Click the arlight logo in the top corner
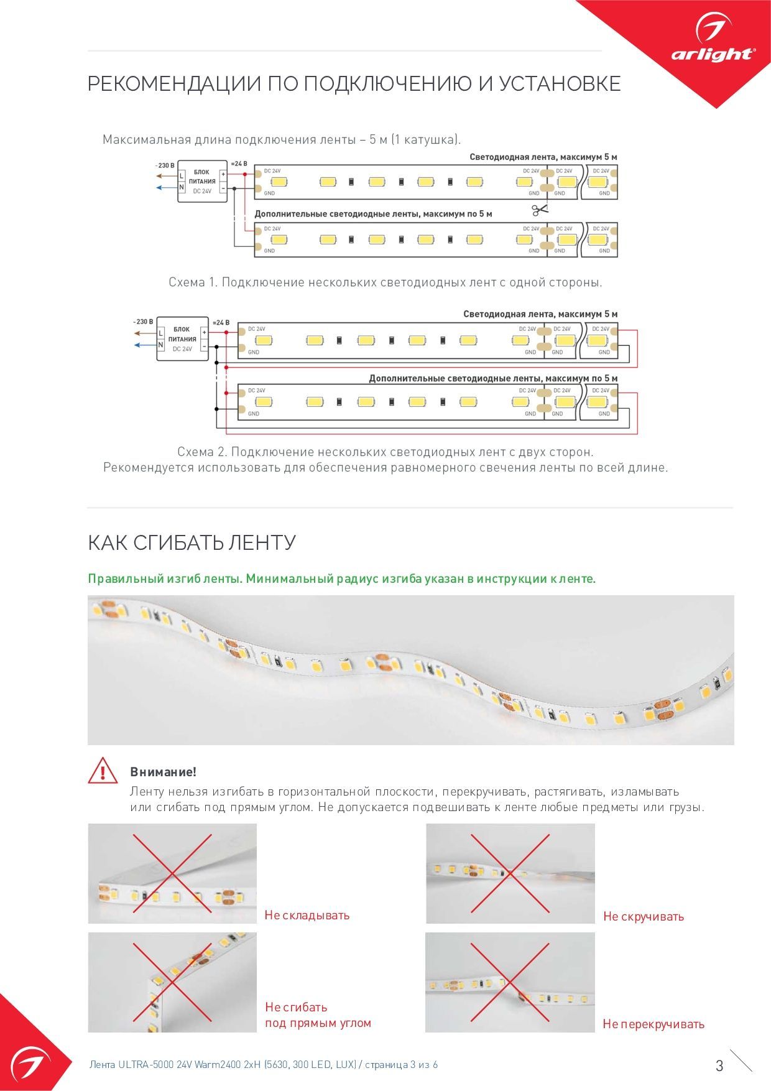[x=713, y=44]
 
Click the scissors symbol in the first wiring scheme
[x=540, y=210]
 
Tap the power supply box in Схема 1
[x=202, y=182]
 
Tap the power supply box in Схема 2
[x=182, y=339]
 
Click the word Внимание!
[x=163, y=772]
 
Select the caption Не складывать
[x=307, y=915]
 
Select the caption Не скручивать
[x=643, y=916]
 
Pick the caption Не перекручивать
[x=653, y=1024]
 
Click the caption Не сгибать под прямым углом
[x=318, y=1015]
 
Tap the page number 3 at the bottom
[x=719, y=1065]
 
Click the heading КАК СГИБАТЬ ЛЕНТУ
[x=192, y=542]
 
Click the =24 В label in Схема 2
[x=221, y=323]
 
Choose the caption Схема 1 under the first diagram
[x=385, y=282]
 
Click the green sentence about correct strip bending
[x=341, y=578]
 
